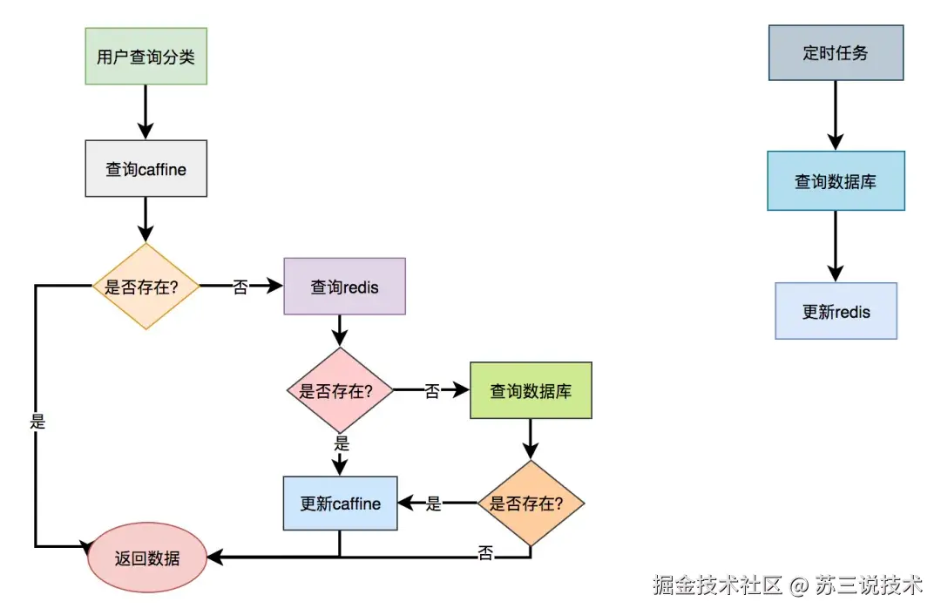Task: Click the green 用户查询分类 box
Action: click(146, 56)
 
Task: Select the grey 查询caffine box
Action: click(146, 168)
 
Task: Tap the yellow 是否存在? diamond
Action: click(146, 286)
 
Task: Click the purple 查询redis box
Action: click(344, 286)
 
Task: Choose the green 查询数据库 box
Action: click(531, 390)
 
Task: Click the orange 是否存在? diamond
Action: click(531, 503)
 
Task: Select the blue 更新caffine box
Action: click(340, 503)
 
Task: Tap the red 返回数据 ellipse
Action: click(146, 558)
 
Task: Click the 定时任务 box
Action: click(836, 52)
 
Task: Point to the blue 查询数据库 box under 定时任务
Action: click(836, 181)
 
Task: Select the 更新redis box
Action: click(836, 311)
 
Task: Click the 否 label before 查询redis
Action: click(240, 287)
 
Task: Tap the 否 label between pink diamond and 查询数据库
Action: click(431, 391)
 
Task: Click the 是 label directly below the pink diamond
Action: click(341, 443)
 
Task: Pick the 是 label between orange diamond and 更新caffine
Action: click(434, 503)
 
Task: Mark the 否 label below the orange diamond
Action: click(485, 553)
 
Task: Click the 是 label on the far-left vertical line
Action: click(37, 422)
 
